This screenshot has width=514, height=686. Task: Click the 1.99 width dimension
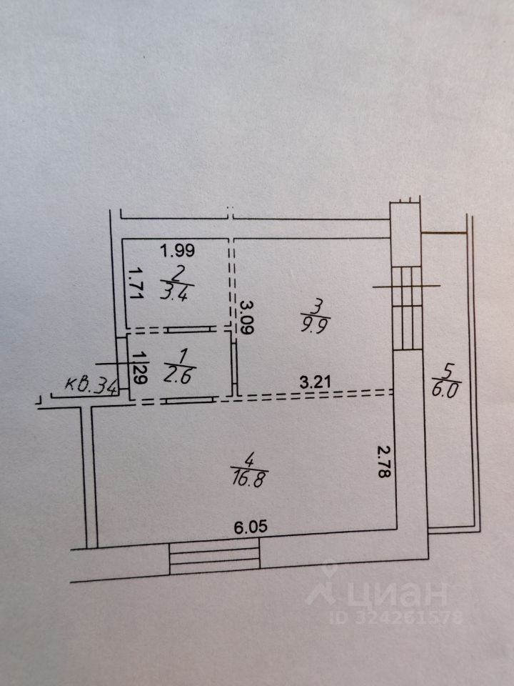[177, 251]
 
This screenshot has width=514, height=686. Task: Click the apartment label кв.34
[91, 385]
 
